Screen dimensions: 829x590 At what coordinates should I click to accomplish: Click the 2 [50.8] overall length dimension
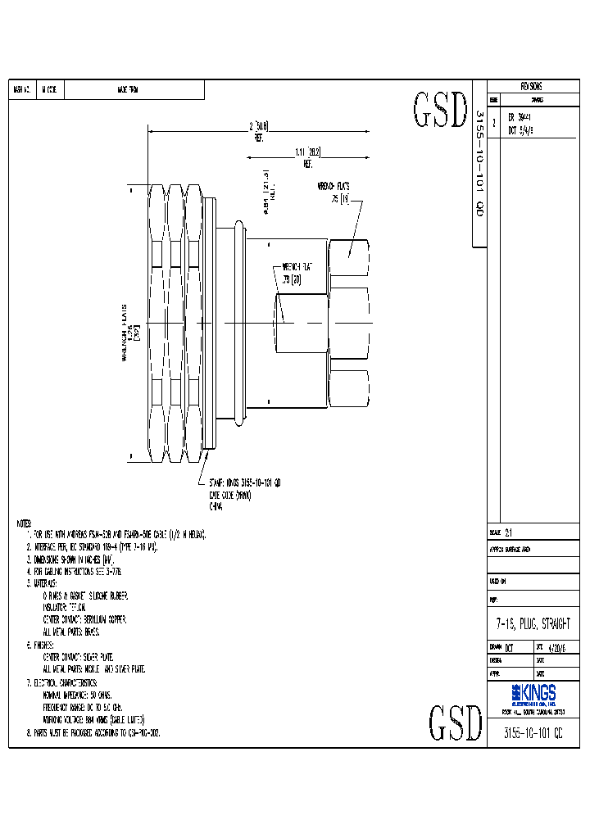(258, 128)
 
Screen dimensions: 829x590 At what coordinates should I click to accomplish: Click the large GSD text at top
(440, 111)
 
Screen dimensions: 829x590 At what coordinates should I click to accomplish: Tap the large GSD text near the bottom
(456, 723)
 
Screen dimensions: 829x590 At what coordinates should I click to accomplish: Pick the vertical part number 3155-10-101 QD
(480, 164)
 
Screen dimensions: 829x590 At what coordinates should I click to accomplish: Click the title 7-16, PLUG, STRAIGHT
(533, 624)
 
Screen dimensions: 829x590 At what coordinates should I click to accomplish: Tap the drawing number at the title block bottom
(533, 733)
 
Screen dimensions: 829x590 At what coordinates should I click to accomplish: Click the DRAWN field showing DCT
(501, 647)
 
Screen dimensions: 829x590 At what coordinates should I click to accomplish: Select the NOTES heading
(24, 523)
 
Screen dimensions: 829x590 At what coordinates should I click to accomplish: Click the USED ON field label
(498, 580)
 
